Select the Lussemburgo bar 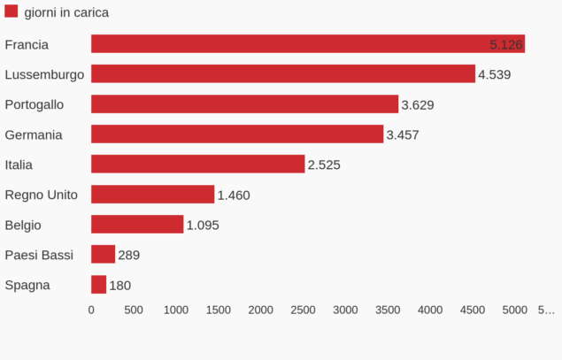coord(283,74)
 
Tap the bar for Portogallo coord(244,104)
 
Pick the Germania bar coord(237,134)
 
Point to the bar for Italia coord(197,165)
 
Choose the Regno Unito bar coord(152,195)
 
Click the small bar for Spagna coord(98,285)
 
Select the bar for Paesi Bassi coord(103,255)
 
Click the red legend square coord(11,12)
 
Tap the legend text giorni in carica coord(66,13)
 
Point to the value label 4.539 coord(494,74)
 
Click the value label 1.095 coord(203,225)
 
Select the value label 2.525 coord(324,165)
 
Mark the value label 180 coord(120,285)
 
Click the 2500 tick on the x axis coord(303,310)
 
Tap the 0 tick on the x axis coord(91,310)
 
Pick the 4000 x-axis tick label coord(430,310)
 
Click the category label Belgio coord(23,225)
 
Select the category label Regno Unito coord(42,195)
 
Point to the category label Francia coord(27,44)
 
